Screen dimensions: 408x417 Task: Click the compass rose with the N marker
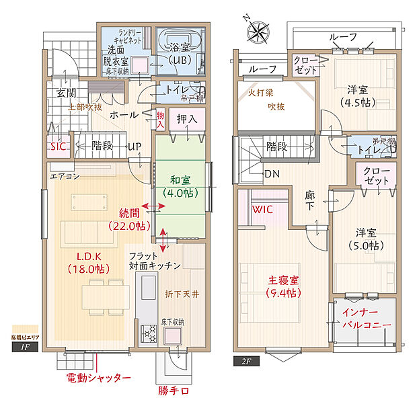(x=258, y=30)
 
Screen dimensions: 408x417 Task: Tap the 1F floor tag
(x=25, y=348)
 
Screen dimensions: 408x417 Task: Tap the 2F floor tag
(x=246, y=361)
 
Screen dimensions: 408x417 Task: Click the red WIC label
(x=262, y=210)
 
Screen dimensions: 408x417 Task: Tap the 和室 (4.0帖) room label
(x=180, y=186)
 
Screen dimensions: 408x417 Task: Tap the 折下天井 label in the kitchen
(x=182, y=294)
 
